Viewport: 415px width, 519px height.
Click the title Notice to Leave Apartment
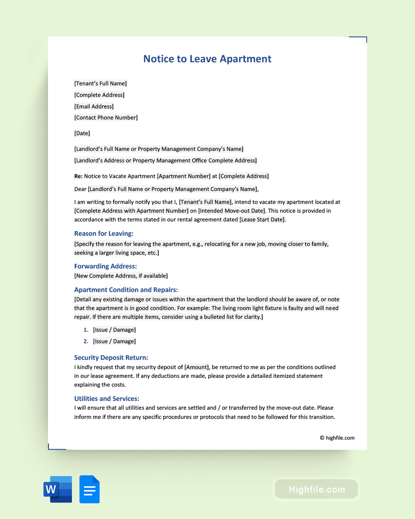pyautogui.click(x=207, y=59)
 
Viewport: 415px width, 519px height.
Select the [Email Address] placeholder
pyautogui.click(x=94, y=107)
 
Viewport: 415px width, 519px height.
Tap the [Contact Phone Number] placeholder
pyautogui.click(x=106, y=118)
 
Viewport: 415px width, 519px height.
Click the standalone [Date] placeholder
pyautogui.click(x=82, y=133)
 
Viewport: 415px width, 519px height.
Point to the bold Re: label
pyautogui.click(x=78, y=176)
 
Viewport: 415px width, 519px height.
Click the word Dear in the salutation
pyautogui.click(x=80, y=189)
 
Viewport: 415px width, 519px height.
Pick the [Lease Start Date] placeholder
pyautogui.click(x=262, y=220)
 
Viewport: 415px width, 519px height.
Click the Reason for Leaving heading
pyautogui.click(x=104, y=233)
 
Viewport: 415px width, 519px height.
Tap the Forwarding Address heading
pyautogui.click(x=106, y=266)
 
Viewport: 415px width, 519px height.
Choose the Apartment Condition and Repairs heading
pyautogui.click(x=126, y=290)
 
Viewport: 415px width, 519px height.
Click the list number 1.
pyautogui.click(x=85, y=330)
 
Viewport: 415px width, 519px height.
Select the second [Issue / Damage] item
pyautogui.click(x=114, y=341)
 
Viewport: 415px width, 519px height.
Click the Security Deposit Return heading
pyautogui.click(x=111, y=358)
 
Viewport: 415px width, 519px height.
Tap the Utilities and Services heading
pyautogui.click(x=107, y=399)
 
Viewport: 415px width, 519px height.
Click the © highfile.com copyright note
pyautogui.click(x=337, y=438)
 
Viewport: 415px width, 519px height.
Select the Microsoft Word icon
pyautogui.click(x=58, y=489)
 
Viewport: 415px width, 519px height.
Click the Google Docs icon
pyautogui.click(x=89, y=489)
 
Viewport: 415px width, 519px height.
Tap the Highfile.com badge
pyautogui.click(x=316, y=489)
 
